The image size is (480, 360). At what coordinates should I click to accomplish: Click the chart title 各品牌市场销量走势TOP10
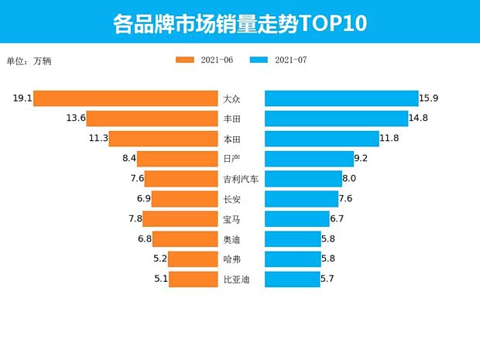239,23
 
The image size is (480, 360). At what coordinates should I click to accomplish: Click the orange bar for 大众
125,98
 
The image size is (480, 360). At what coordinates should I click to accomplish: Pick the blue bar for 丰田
336,118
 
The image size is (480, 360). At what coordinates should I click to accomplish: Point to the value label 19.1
22,98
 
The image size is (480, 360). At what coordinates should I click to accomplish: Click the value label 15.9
430,98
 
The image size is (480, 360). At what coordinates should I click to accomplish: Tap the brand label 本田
231,139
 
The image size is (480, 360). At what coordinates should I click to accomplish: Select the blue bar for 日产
309,159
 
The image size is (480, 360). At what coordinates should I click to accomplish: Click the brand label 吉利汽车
240,179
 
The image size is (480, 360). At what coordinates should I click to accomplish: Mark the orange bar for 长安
184,199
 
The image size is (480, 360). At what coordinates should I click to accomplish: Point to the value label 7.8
135,219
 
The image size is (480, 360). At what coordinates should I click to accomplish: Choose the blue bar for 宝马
297,219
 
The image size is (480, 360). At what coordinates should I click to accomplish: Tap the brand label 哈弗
231,259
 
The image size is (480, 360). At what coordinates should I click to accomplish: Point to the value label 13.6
75,118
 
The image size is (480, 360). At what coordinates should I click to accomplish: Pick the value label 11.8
389,139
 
